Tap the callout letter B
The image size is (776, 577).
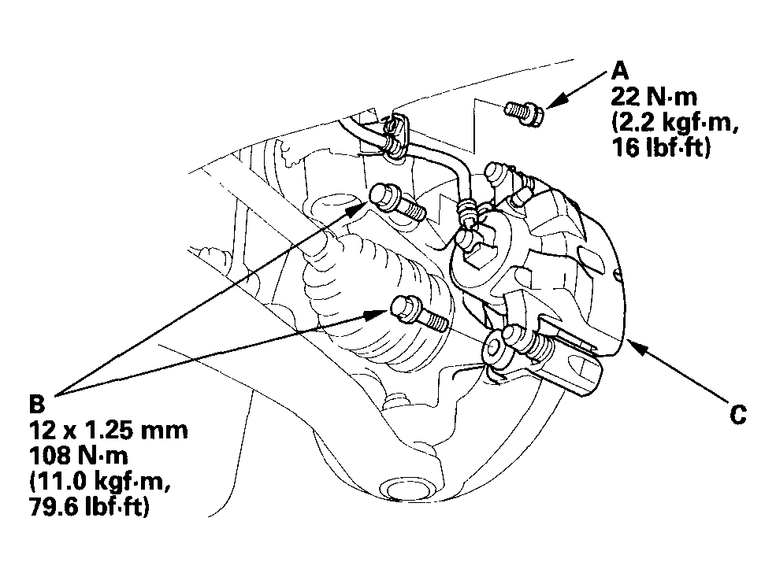click(37, 404)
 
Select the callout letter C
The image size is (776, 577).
click(738, 414)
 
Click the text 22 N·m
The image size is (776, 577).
click(654, 97)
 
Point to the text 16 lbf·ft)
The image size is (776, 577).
click(661, 147)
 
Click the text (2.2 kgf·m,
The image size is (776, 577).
click(675, 122)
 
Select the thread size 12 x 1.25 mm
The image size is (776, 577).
click(109, 430)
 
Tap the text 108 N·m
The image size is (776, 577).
click(79, 455)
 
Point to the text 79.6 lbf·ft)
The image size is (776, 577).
click(89, 507)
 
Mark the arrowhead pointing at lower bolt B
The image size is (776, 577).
click(377, 314)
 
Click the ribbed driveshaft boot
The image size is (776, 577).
click(376, 297)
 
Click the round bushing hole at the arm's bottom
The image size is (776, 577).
click(404, 490)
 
